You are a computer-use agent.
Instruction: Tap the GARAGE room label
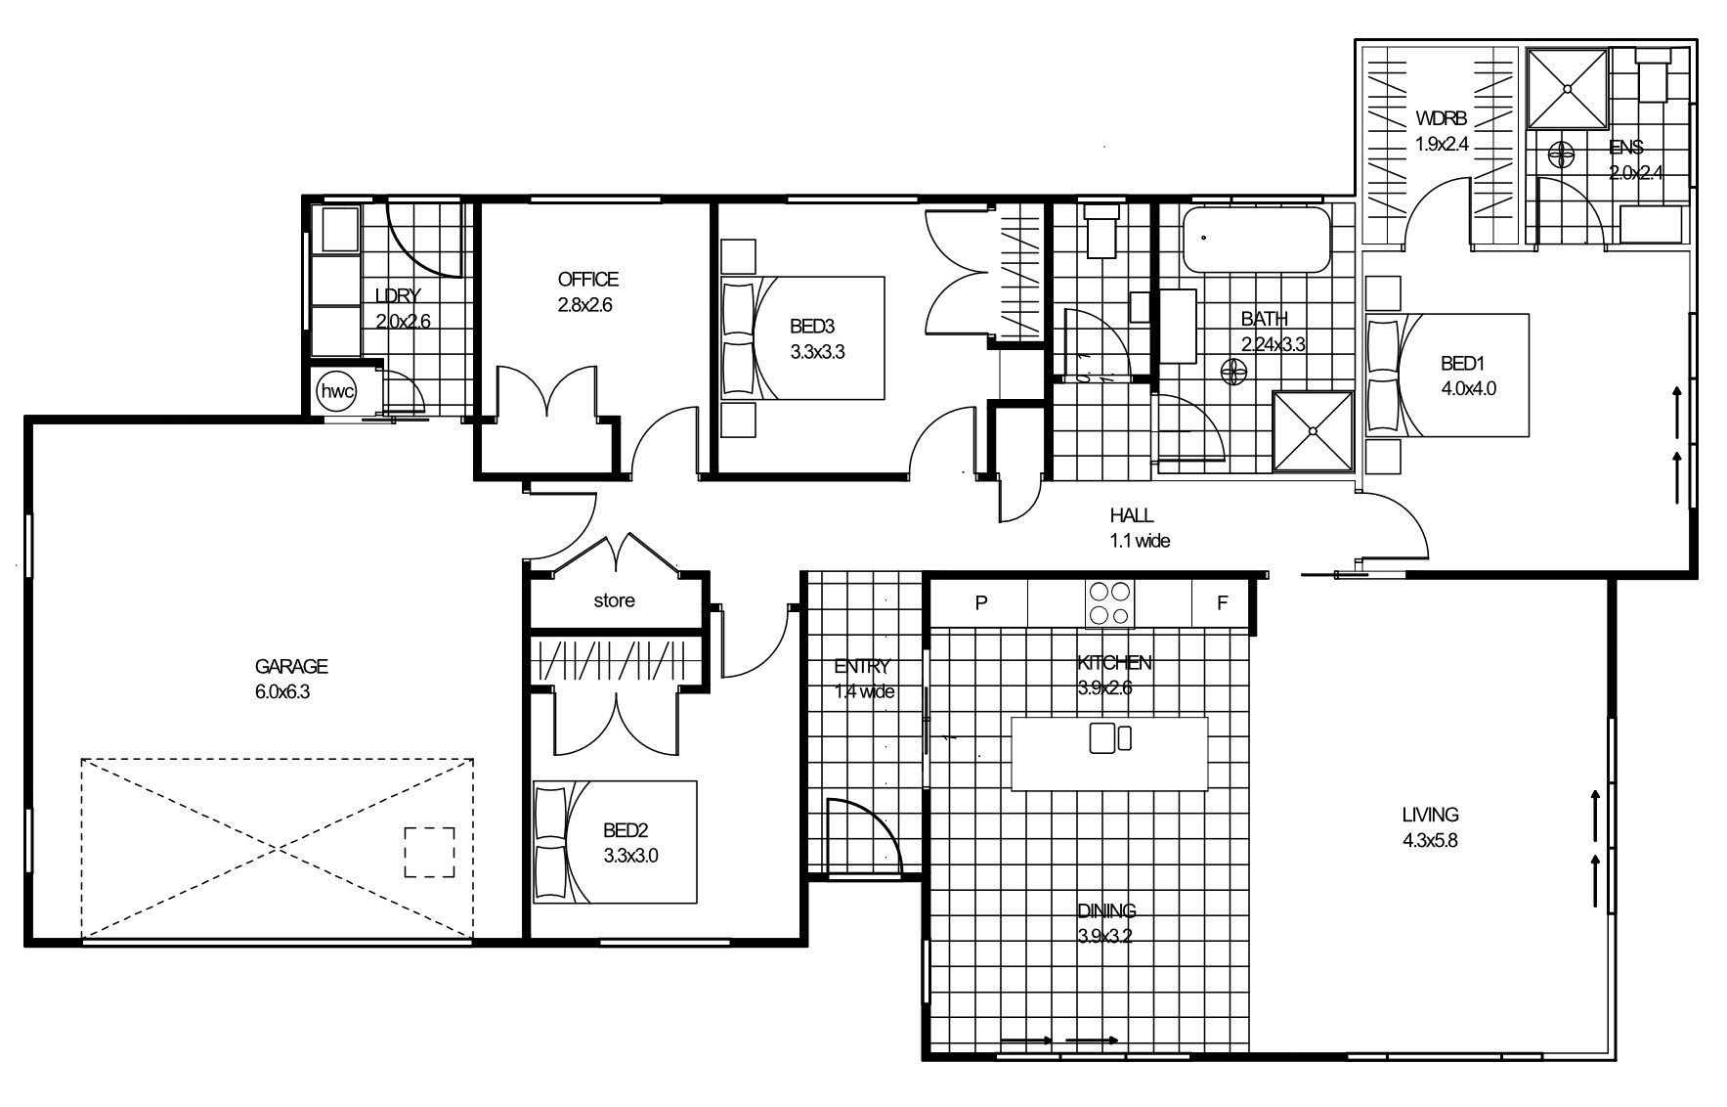click(x=291, y=667)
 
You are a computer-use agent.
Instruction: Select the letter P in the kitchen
click(x=981, y=603)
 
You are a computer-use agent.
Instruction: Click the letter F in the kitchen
click(x=1222, y=603)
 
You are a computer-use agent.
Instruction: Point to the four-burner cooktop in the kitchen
click(x=1110, y=603)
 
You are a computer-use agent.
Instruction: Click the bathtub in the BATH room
click(x=1257, y=240)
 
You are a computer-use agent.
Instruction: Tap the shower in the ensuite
click(x=1568, y=89)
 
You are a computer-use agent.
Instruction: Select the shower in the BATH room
click(x=1313, y=431)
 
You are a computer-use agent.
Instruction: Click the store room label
click(x=614, y=600)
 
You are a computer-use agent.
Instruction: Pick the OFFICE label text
click(x=588, y=280)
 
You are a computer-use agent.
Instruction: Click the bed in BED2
click(x=615, y=841)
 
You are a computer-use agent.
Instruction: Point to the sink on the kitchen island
click(x=1110, y=737)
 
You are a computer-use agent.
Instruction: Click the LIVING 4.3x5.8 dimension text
click(x=1430, y=839)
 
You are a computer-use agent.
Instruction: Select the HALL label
click(x=1132, y=515)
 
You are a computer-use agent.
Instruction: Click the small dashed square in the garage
click(x=430, y=853)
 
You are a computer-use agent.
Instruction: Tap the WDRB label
click(x=1442, y=119)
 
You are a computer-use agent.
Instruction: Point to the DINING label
click(x=1107, y=910)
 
